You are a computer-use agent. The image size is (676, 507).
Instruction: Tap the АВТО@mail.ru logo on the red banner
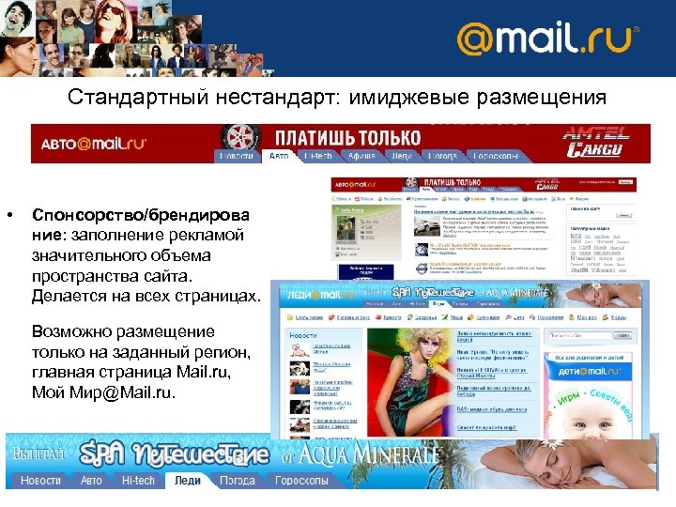[x=94, y=144]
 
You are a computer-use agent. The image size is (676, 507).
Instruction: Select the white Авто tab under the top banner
[x=279, y=156]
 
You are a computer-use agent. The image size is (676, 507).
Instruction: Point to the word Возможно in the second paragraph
[x=70, y=331]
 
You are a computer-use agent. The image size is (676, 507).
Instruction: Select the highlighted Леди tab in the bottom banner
[x=187, y=480]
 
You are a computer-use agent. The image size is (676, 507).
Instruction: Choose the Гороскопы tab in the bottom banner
[x=301, y=480]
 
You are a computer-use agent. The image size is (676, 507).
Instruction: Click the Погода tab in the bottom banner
[x=237, y=480]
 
